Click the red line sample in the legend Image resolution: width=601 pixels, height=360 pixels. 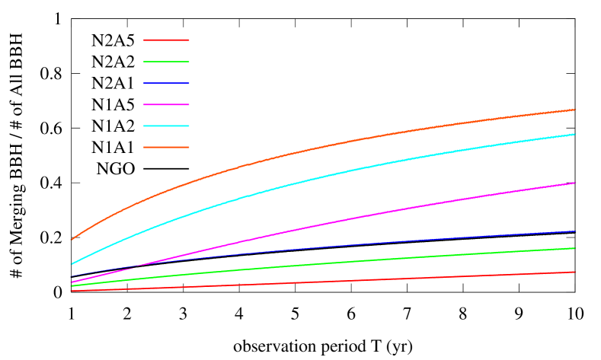click(166, 40)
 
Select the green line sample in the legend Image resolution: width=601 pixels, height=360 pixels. click(166, 61)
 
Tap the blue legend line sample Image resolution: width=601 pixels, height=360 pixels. click(166, 82)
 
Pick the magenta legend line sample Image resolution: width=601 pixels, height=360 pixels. click(166, 104)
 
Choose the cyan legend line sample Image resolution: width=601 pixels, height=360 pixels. click(166, 126)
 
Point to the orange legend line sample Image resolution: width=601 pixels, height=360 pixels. click(166, 147)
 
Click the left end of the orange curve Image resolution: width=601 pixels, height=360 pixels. click(71, 240)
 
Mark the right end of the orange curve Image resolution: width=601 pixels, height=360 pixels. click(575, 110)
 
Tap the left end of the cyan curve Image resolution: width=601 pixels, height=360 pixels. click(71, 264)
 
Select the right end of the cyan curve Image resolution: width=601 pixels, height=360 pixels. click(575, 134)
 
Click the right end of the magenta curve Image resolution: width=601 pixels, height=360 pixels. click(575, 183)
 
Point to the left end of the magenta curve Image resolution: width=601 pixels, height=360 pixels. click(71, 283)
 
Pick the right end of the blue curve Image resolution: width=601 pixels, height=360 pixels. click(575, 231)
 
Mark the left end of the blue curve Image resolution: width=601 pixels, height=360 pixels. click(71, 276)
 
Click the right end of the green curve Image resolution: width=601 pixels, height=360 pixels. click(575, 248)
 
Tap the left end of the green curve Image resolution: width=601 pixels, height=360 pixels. click(71, 286)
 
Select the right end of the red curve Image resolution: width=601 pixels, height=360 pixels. click(575, 272)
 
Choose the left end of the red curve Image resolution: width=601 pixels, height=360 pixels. click(71, 291)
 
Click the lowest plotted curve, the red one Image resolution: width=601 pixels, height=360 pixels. click(320, 282)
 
